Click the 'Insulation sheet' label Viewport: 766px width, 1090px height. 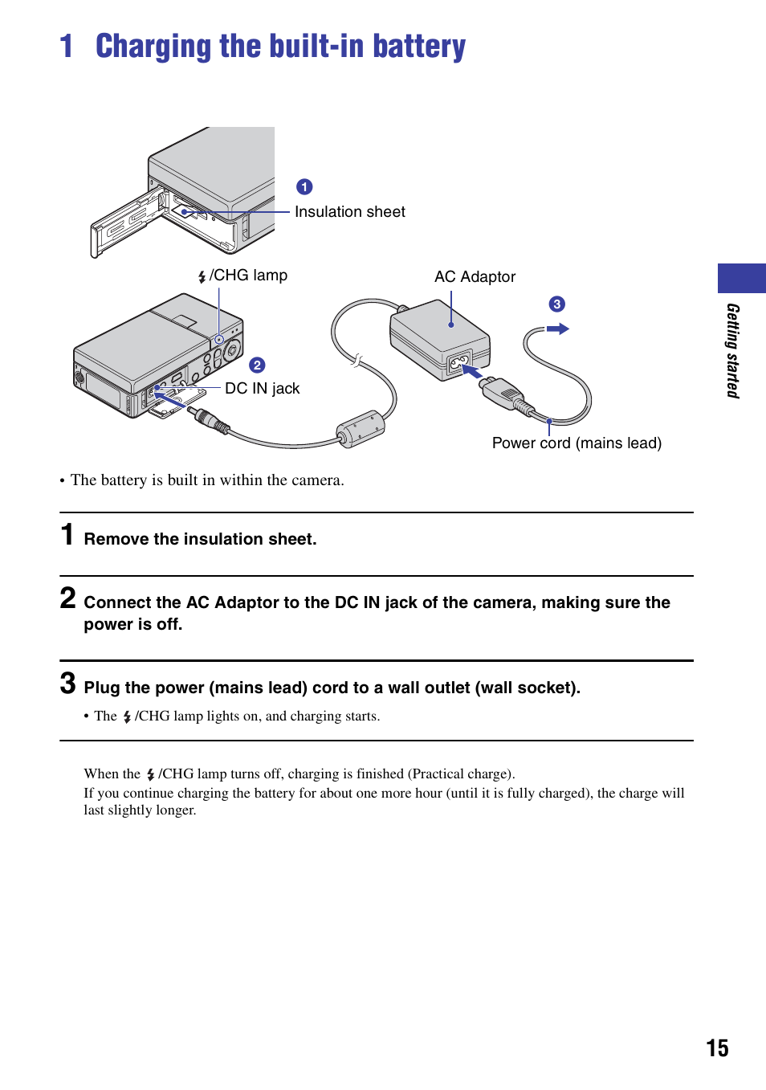coord(349,212)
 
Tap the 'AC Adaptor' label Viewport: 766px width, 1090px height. coord(475,277)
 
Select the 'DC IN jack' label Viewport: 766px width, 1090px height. coord(262,389)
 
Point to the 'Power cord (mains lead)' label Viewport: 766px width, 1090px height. coord(577,443)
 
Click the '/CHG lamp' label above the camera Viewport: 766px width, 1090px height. coord(247,276)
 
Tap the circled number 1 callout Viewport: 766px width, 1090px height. coord(304,187)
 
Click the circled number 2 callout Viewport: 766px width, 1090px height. coord(257,365)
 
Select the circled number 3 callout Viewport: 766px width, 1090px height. coord(556,304)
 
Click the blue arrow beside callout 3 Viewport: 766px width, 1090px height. coord(558,329)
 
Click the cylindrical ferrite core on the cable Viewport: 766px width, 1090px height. coord(361,428)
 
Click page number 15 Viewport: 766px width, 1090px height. coord(717,1048)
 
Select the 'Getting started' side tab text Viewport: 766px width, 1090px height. coord(732,350)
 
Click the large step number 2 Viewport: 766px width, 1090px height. coord(68,598)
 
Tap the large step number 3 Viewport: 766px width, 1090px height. coord(68,684)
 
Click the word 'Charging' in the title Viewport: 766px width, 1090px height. coord(154,47)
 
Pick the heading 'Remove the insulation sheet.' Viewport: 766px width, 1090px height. coord(200,539)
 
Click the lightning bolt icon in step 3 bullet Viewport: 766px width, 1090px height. coord(127,716)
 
